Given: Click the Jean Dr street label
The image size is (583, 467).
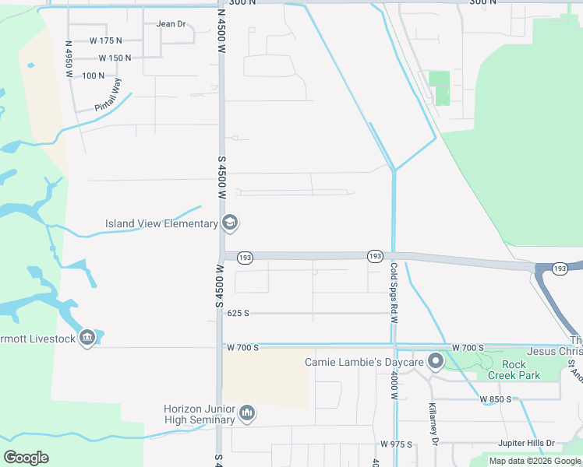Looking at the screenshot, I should (x=171, y=24).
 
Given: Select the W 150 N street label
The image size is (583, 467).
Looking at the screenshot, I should (x=115, y=58).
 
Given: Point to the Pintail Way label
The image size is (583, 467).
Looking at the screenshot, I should (x=109, y=95).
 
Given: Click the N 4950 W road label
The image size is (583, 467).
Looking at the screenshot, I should (x=69, y=59).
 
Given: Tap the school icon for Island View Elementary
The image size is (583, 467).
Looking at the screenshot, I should (x=230, y=223).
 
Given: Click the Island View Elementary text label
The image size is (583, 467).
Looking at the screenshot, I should (x=161, y=224).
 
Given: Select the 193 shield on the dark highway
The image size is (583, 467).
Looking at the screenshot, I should (x=559, y=269).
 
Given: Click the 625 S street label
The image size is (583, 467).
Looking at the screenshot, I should (x=238, y=313).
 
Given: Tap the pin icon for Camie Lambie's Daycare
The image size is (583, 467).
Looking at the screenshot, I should (x=436, y=362).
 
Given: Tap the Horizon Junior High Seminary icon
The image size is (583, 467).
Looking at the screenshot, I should (x=247, y=412).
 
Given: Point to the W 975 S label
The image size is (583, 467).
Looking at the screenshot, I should (x=396, y=444).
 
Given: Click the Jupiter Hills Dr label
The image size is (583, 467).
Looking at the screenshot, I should (x=526, y=443).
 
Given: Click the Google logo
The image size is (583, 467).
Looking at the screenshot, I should (x=26, y=458).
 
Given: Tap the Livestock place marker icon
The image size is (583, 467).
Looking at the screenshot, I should (x=87, y=339).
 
